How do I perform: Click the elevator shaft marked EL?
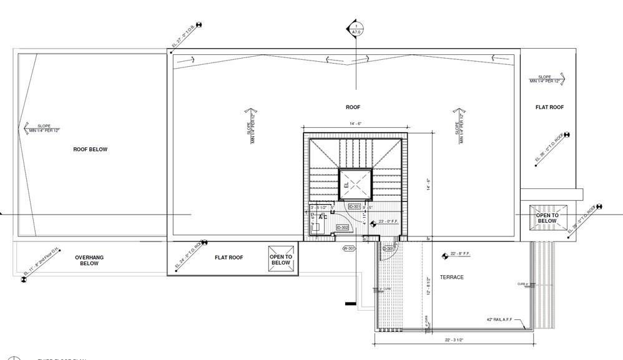(x=355, y=185)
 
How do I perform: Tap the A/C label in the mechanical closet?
(x=323, y=216)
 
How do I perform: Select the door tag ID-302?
(x=342, y=228)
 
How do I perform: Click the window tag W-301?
(x=349, y=248)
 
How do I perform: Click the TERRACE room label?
(x=451, y=277)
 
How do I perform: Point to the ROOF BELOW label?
(x=91, y=149)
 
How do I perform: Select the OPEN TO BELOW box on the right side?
(x=547, y=217)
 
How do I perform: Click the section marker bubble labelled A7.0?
(x=356, y=28)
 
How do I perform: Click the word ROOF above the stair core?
(x=353, y=107)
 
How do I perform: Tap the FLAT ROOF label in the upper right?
(x=549, y=107)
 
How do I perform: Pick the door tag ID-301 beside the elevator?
(x=355, y=207)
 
